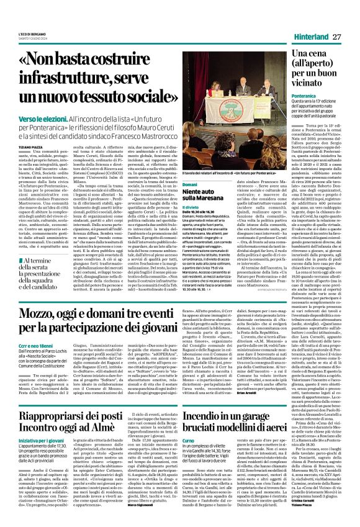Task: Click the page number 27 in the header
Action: coord(338,37)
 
